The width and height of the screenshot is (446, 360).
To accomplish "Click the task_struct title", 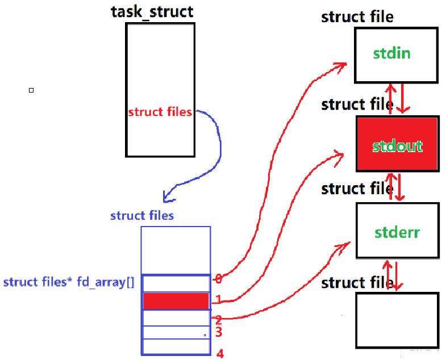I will click(x=152, y=11).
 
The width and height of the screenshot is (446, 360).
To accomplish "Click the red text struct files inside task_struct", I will click(x=160, y=112).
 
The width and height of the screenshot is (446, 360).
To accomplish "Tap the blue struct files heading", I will click(x=142, y=216).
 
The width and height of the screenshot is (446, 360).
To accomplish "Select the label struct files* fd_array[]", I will click(x=69, y=282).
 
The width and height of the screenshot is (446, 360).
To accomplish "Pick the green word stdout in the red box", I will click(x=398, y=146).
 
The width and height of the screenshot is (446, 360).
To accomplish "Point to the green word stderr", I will click(x=398, y=232).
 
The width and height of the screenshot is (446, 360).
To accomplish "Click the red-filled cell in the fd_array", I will click(x=176, y=301).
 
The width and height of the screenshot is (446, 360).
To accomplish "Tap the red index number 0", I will click(x=218, y=279).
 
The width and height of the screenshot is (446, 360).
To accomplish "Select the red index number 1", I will click(x=218, y=299).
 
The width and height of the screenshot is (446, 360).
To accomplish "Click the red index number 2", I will click(x=218, y=320).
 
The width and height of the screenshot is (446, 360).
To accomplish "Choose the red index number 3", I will click(x=219, y=332).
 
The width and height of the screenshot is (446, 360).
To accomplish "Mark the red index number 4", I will click(x=220, y=354).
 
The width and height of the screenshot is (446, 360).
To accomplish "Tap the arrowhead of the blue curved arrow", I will click(x=167, y=196).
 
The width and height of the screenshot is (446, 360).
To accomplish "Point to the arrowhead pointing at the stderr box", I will click(x=344, y=245).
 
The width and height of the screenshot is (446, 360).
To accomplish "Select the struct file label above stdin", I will click(x=357, y=16).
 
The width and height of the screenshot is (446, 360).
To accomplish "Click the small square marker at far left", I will click(x=31, y=90).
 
